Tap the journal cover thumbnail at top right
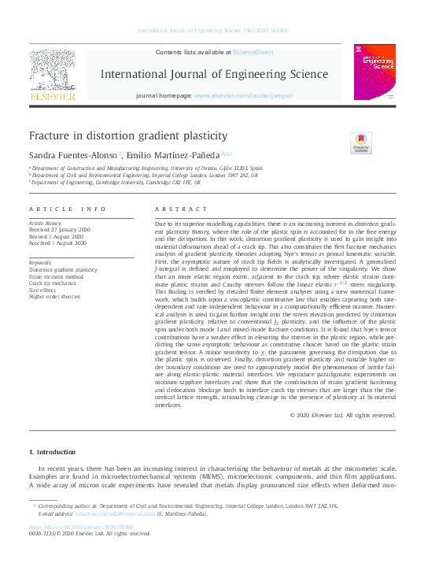374,72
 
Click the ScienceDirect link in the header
253,51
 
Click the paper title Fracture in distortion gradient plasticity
127,135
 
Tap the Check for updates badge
360,143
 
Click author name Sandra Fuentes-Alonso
73,155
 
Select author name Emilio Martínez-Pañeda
172,155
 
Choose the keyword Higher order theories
54,297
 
